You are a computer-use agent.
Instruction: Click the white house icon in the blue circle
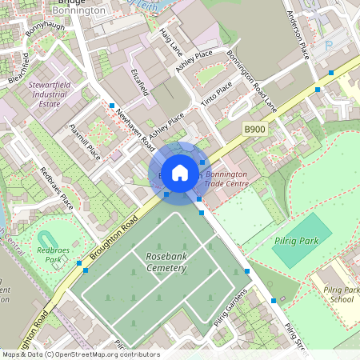[x=180, y=172]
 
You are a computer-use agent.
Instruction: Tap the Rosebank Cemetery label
[x=166, y=262]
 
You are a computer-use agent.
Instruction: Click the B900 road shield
[x=254, y=129]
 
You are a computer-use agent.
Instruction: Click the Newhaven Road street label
[x=135, y=129]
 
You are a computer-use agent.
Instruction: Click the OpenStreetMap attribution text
[x=80, y=354]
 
